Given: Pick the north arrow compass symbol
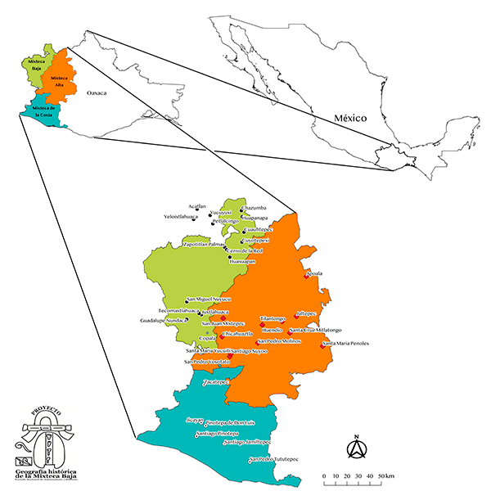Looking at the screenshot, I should point(356,448).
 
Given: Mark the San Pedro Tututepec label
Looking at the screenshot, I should point(274,459).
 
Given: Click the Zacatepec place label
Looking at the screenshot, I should point(214,382).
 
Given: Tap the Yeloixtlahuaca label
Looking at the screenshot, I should point(182,217).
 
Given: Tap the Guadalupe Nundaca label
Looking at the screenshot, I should point(164,321).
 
